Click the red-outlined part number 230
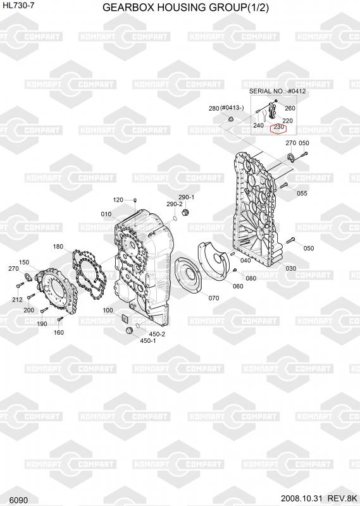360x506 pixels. tap(278, 127)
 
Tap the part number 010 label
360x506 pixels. tap(106, 214)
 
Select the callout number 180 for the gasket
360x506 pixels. tap(58, 247)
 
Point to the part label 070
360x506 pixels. tap(214, 298)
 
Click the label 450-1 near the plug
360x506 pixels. tap(148, 340)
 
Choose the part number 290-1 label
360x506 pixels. tap(187, 197)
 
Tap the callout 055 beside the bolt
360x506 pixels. tap(302, 194)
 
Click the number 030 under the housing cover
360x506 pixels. tap(290, 268)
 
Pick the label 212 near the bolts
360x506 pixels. tap(17, 299)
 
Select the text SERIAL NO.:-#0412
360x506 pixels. tap(277, 91)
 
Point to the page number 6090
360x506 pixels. tap(18, 500)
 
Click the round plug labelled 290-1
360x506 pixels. tap(185, 213)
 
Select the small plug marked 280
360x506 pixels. tap(230, 120)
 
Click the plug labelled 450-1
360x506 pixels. tap(129, 331)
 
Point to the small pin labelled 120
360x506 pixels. tap(135, 201)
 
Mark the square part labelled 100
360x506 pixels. tap(125, 318)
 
